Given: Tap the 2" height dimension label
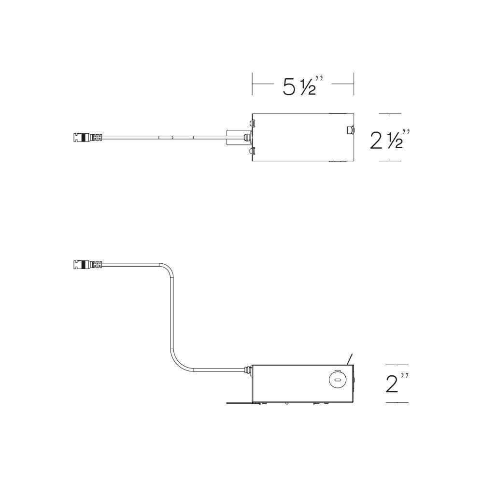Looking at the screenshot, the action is coord(397,383).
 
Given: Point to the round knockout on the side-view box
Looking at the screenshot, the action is coord(337,380).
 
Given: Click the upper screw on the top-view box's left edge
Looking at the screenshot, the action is coord(251,124).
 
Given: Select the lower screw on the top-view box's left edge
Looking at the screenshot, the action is coord(251,151).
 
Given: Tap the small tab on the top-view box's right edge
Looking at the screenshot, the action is coord(351,130).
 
